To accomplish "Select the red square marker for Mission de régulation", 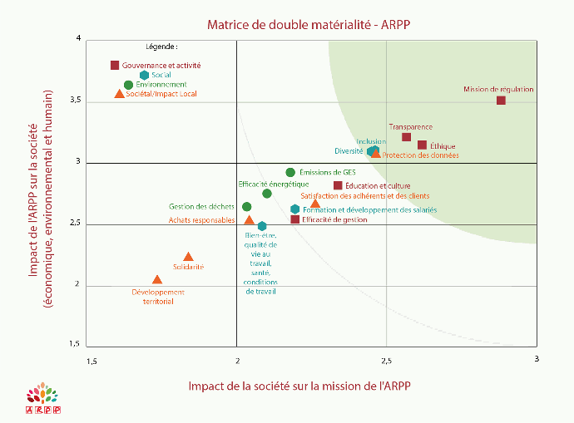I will [501, 101].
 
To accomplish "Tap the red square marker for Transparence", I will [406, 137].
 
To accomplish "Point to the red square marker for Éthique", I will [422, 145].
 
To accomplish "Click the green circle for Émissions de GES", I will [290, 173].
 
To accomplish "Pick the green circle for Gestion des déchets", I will [246, 207].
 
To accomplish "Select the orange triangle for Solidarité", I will [188, 258].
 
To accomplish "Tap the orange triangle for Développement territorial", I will [157, 280].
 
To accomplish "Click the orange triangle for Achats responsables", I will [249, 220].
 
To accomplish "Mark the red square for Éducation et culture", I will [338, 185].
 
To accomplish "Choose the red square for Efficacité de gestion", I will [294, 219].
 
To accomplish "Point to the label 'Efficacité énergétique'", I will [274, 184].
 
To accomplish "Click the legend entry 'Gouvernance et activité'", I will [161, 65].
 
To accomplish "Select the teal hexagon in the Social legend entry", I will [144, 75].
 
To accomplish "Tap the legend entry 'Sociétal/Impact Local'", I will [161, 94].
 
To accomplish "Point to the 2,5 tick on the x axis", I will [386, 360].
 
